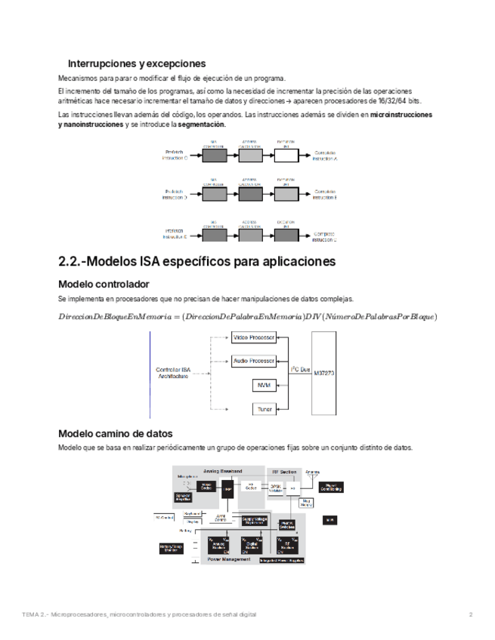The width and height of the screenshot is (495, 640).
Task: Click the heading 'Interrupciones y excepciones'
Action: [x=137, y=63]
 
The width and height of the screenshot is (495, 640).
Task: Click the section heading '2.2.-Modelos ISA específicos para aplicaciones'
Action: [x=197, y=262]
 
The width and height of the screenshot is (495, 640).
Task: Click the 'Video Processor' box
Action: [x=253, y=337]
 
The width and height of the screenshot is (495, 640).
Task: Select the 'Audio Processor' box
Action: [x=253, y=361]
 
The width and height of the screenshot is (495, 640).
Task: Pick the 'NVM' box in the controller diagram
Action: [x=263, y=385]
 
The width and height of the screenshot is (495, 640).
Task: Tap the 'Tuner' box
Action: [x=263, y=409]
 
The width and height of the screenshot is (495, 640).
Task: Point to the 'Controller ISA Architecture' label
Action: [x=178, y=372]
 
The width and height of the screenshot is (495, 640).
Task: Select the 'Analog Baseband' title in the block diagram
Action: [x=222, y=471]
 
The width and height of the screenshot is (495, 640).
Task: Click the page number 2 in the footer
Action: [x=470, y=614]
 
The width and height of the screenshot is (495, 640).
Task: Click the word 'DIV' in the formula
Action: [x=308, y=316]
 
